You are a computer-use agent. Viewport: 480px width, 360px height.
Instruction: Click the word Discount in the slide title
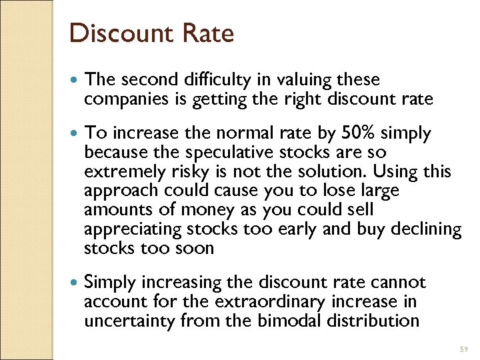point(115,33)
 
